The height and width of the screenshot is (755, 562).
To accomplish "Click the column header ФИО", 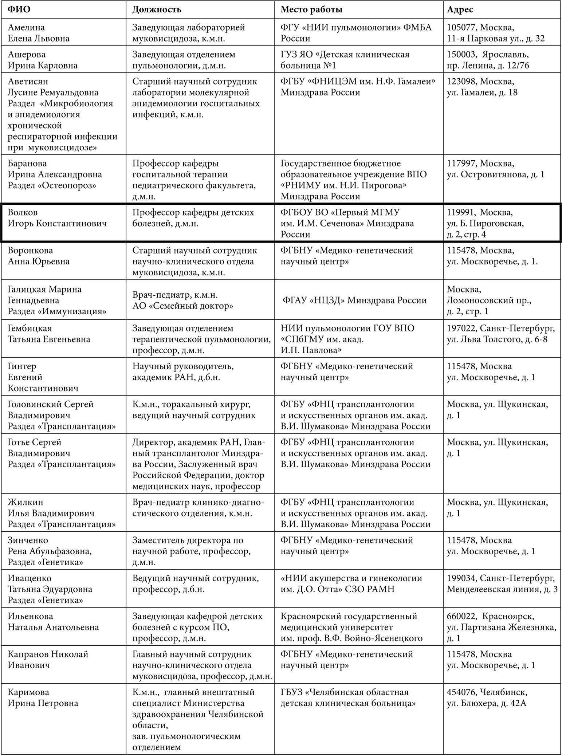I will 19,9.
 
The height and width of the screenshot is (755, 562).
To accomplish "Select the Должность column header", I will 157,9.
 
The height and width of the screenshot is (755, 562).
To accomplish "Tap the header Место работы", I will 311,9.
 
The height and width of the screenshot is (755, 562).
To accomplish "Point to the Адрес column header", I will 460,9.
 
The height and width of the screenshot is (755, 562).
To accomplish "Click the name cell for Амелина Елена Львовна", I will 39,33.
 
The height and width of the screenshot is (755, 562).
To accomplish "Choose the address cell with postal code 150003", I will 488,60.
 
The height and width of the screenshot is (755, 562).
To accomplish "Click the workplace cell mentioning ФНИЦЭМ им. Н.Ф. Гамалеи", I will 358,87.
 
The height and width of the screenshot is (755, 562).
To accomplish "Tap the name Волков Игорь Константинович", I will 57,218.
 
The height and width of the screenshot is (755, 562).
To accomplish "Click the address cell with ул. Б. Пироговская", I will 485,223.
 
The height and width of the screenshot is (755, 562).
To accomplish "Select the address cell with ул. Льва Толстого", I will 501,334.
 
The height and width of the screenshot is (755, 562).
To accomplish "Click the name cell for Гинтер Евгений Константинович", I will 43,377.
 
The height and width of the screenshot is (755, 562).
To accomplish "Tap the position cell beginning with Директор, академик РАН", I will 199,464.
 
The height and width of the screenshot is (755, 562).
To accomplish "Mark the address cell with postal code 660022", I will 501,627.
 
